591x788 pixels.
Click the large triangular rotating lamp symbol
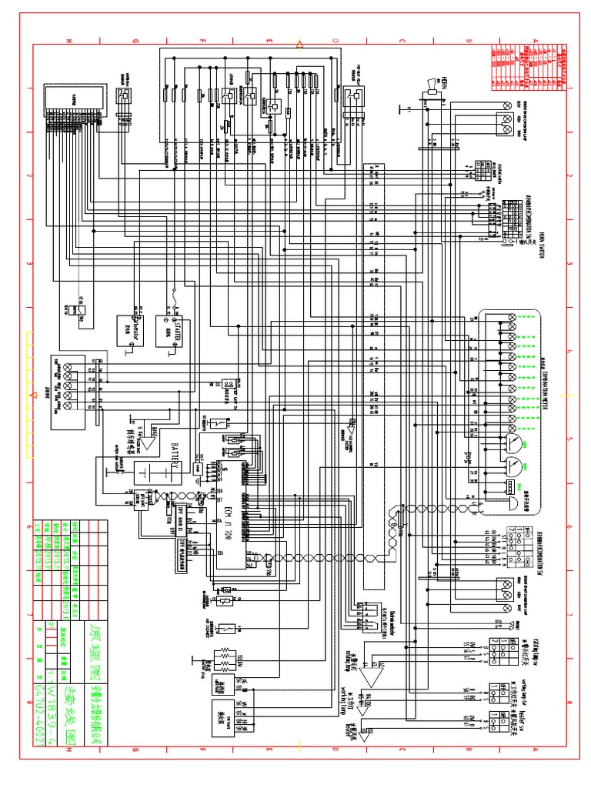[375, 675]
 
